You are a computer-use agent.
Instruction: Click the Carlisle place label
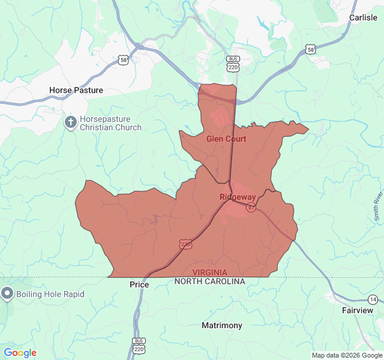(363, 17)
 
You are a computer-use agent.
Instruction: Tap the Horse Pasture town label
(76, 90)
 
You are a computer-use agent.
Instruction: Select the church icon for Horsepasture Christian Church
(70, 122)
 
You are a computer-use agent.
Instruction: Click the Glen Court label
(226, 139)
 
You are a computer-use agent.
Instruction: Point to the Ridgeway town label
(238, 197)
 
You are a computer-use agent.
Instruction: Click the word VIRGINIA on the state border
(210, 272)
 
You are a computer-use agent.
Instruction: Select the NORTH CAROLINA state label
(210, 281)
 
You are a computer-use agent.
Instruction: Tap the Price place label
(139, 284)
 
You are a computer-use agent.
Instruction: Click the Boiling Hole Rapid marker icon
(7, 294)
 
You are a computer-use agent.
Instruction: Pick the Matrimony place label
(222, 325)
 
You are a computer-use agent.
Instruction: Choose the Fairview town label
(358, 310)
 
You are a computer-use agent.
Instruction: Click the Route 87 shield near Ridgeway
(251, 208)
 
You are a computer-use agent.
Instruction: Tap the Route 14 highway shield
(373, 299)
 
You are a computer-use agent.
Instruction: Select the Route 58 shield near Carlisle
(310, 50)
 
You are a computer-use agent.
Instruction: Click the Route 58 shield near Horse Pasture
(123, 59)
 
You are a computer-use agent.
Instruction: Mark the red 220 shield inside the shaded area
(185, 244)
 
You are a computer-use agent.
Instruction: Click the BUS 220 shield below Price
(139, 346)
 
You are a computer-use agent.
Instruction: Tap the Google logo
(20, 353)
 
